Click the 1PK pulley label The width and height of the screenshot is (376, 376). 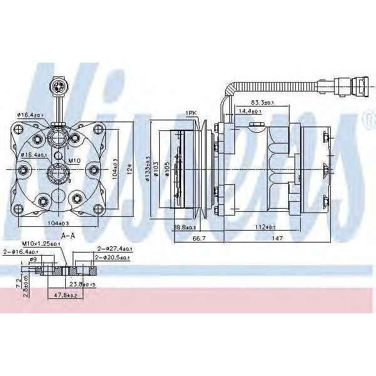click(192, 112)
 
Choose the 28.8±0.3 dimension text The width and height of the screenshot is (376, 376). click(184, 226)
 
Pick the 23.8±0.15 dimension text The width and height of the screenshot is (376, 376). click(82, 283)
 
